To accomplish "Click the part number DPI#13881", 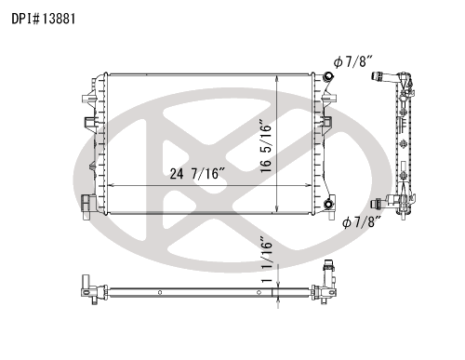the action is pos(44,19).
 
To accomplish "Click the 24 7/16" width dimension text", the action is pos(197,174).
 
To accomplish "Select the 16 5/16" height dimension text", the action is pos(266,146).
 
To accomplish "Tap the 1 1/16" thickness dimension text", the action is pos(267,260).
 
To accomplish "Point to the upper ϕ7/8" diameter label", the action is pos(352,61).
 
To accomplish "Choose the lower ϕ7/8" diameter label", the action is pos(362,222).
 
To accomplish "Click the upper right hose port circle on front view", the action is pos(327,76).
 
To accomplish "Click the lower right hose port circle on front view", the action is pos(328,205).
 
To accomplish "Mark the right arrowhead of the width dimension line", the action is pos(308,185).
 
